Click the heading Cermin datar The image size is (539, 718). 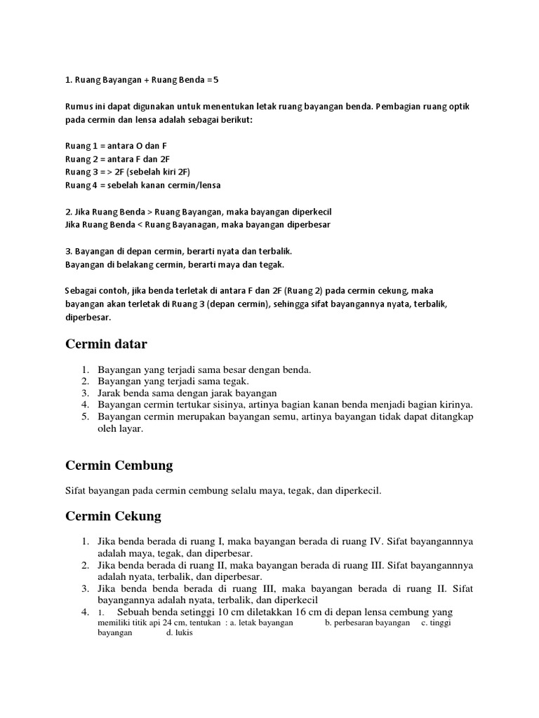106,344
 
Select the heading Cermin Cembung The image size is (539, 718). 119,466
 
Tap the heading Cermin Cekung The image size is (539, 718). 113,517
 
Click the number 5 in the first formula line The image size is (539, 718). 216,80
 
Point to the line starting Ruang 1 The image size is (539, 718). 116,146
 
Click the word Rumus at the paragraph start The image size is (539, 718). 79,107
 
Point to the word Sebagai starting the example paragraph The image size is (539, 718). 83,290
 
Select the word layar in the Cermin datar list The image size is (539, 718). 131,430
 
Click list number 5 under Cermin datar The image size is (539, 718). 85,417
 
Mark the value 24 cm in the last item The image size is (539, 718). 175,623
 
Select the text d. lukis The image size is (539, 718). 179,632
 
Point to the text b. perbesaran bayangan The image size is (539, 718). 367,623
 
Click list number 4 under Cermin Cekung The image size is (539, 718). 85,612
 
